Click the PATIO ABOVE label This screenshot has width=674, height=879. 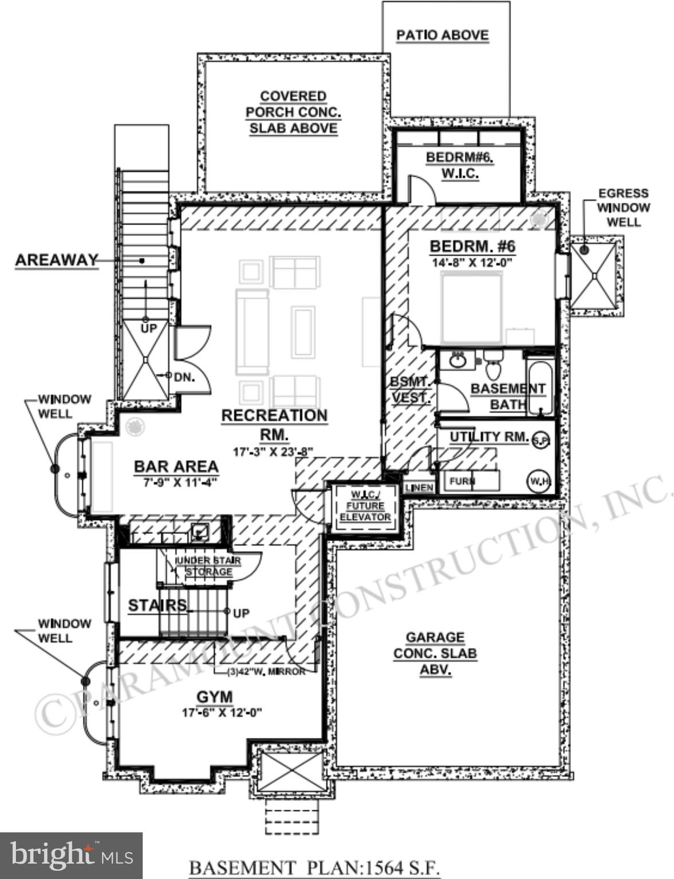tap(442, 35)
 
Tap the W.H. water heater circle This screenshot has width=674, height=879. tap(539, 481)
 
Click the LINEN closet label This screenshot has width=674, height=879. tap(419, 488)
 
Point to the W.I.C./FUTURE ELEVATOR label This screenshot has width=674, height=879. tap(365, 506)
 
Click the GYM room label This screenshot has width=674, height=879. tap(215, 697)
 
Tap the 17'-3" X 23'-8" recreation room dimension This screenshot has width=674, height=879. tap(273, 452)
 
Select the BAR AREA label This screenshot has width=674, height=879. tap(176, 466)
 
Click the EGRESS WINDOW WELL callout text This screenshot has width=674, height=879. tap(623, 207)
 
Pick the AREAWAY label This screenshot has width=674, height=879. tap(56, 260)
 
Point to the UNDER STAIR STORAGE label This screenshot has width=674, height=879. tap(208, 566)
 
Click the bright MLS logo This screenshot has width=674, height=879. tap(71, 856)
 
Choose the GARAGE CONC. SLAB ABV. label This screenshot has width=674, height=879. tap(435, 653)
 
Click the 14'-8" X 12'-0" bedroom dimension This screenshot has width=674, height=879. tap(471, 263)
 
